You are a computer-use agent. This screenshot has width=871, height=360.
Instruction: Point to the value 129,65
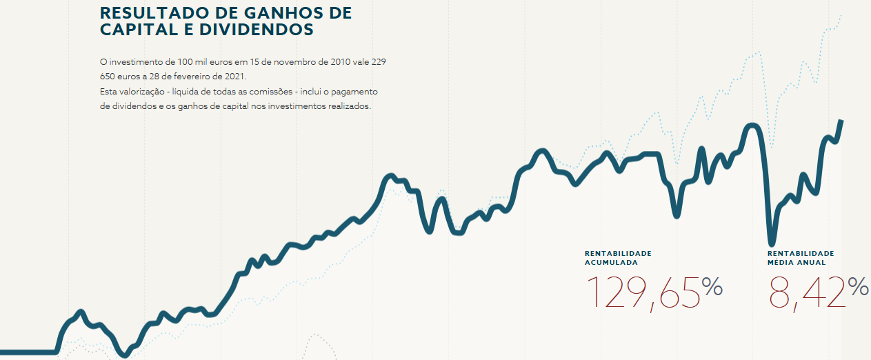pos(643,292)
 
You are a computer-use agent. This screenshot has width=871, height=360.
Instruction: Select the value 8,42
pos(807,292)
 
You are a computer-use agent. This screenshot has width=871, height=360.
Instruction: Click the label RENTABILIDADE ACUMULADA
pos(618,258)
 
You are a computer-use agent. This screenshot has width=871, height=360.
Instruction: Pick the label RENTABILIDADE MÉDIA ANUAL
pos(801,258)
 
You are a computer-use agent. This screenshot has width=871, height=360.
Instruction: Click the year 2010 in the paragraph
pos(338,61)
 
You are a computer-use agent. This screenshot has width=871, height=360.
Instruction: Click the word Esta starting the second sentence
pos(108,91)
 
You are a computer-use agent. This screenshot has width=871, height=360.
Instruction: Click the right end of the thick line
pos(841,121)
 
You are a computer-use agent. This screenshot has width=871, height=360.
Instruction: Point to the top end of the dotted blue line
pos(841,15)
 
